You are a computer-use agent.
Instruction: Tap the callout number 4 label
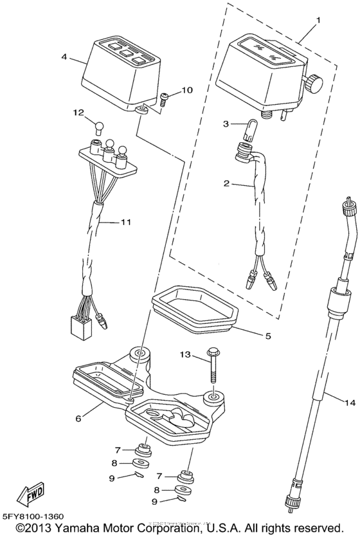(x=64, y=57)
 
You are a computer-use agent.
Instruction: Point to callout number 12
(x=78, y=113)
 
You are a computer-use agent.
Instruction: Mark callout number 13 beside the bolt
(x=185, y=354)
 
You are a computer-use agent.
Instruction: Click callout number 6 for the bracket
(x=78, y=418)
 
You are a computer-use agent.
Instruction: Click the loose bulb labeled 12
(x=99, y=126)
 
